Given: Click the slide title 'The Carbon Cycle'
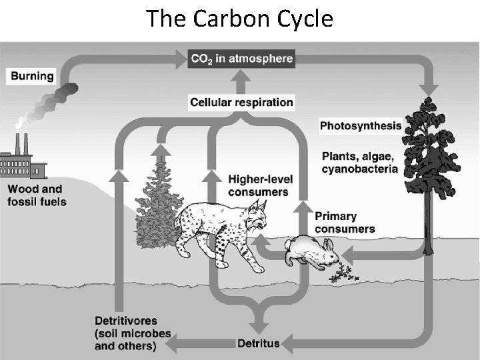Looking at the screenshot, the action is click(x=239, y=19).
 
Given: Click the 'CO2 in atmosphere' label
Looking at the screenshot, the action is click(x=241, y=59).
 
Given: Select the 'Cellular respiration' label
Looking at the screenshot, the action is click(x=241, y=103).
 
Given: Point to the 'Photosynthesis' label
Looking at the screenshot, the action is click(x=361, y=125).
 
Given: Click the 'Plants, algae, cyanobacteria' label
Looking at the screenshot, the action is click(x=359, y=163).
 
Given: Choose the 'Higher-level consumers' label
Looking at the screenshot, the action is click(x=258, y=186).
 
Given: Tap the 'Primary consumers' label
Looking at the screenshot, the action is click(x=345, y=223).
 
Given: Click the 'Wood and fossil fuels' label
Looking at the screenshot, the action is click(x=37, y=195).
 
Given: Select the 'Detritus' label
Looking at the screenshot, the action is click(x=259, y=344).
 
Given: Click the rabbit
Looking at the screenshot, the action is click(x=311, y=252).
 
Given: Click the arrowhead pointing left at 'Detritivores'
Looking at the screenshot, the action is click(x=171, y=344).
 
